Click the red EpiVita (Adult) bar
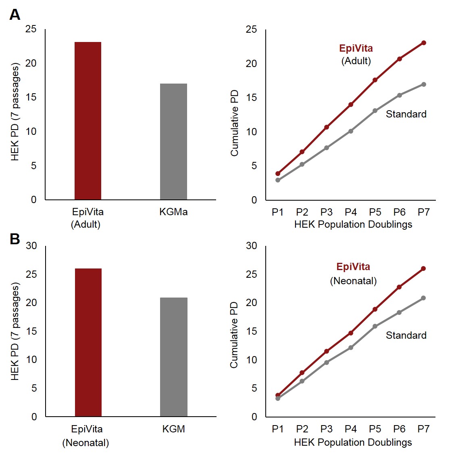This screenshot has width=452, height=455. click(88, 121)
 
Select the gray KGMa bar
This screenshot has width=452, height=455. click(173, 141)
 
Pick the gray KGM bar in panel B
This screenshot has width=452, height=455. click(174, 357)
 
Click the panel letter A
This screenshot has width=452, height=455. click(15, 15)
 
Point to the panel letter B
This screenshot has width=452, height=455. click(15, 239)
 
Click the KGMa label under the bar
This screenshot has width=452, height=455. click(173, 212)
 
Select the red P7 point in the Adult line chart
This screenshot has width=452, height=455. click(424, 43)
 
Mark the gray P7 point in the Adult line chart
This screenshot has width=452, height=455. click(424, 84)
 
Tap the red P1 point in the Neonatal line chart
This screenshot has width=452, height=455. click(278, 395)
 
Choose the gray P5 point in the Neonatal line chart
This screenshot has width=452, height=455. click(375, 326)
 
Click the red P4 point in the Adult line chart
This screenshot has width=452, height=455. click(351, 105)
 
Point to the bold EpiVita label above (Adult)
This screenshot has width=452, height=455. click(356, 48)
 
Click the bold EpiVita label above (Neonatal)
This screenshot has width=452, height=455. click(353, 267)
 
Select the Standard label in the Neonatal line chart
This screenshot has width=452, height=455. click(406, 335)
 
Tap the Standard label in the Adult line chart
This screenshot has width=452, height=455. click(406, 114)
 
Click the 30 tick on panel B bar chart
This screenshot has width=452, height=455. click(31, 246)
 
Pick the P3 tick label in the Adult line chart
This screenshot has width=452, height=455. click(327, 212)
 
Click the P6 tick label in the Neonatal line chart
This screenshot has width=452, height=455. click(399, 429)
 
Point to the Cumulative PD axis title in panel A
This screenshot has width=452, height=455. click(235, 123)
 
